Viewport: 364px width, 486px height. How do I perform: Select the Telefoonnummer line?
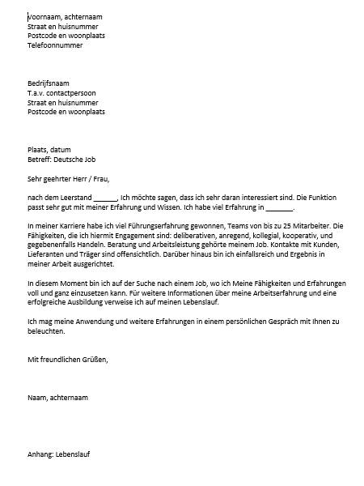(x=55, y=45)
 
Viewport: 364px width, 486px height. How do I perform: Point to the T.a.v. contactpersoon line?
(x=60, y=94)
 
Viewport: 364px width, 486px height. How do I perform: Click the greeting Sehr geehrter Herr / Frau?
(x=68, y=179)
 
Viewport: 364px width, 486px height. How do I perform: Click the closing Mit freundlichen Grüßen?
(x=67, y=359)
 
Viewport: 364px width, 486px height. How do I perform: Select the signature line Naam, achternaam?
(x=57, y=398)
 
